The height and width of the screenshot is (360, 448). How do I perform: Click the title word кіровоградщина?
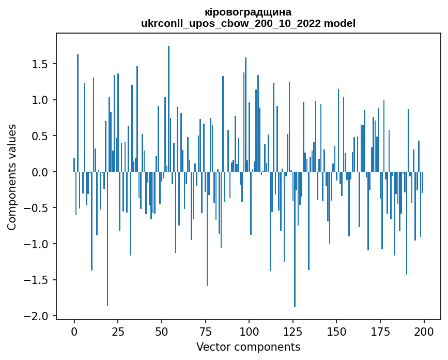click(x=248, y=12)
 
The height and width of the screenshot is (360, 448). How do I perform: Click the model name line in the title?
click(x=248, y=23)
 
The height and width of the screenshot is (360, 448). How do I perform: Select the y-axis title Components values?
click(x=12, y=176)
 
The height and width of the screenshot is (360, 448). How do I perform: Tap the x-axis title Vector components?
click(x=248, y=347)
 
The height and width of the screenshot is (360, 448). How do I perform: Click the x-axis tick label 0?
click(x=74, y=331)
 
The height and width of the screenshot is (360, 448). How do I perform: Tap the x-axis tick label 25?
click(x=118, y=331)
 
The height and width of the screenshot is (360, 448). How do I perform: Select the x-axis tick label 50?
click(x=162, y=331)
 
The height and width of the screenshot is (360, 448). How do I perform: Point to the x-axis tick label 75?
click(x=205, y=331)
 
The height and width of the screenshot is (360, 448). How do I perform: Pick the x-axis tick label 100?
click(x=249, y=331)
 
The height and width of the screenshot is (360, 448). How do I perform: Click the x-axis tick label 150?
click(x=336, y=331)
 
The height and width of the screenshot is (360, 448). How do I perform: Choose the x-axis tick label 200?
click(x=424, y=331)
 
